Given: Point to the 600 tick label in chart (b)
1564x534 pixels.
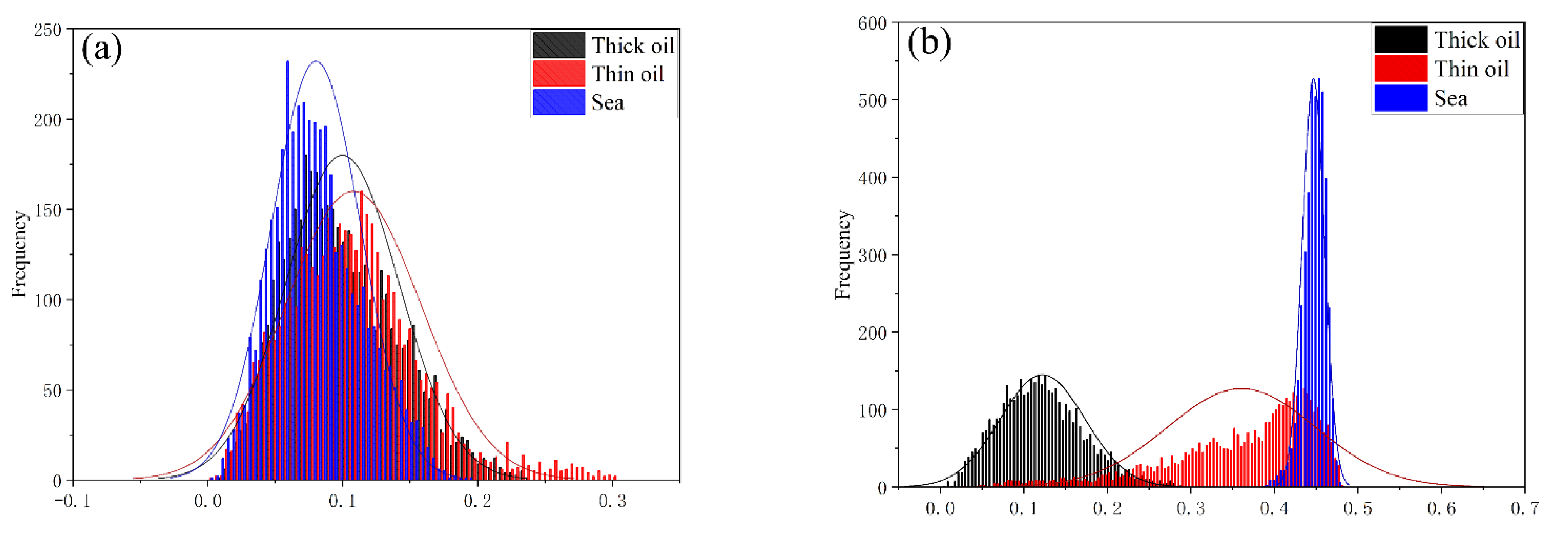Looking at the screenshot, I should coord(872,23).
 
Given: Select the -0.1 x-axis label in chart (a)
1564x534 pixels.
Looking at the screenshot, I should coord(73,501).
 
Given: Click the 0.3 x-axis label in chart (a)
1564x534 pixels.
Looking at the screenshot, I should coord(612,501).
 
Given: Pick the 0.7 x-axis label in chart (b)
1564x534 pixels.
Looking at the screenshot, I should coord(1524,509).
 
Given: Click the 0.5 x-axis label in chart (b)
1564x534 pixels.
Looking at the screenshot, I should coord(1357,509).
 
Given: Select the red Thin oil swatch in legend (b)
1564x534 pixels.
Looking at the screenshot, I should coord(1400,69).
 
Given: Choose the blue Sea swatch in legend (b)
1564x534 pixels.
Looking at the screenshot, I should coord(1400,98).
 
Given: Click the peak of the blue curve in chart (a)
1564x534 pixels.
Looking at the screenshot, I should coord(316,61).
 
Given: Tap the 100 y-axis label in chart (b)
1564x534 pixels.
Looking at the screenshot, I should coord(872,410).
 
